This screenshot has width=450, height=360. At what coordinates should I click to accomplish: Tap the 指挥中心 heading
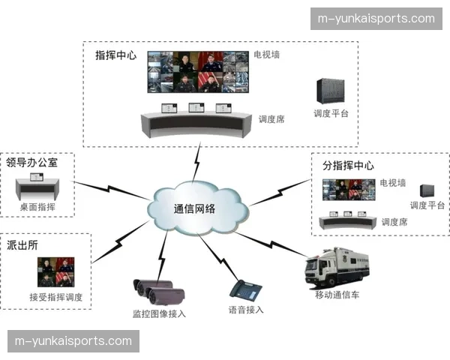click(x=115, y=55)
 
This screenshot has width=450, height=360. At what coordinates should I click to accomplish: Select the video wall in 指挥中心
click(x=197, y=72)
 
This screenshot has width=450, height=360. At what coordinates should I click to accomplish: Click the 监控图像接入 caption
click(x=158, y=313)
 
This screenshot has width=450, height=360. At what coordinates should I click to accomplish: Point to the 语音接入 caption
click(x=246, y=309)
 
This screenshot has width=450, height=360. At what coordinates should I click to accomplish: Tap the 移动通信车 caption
click(x=337, y=295)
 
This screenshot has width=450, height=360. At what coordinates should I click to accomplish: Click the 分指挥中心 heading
click(x=347, y=165)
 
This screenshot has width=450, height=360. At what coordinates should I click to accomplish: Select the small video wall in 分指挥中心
click(x=348, y=188)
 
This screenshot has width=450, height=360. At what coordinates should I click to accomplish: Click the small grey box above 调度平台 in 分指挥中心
click(x=427, y=190)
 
